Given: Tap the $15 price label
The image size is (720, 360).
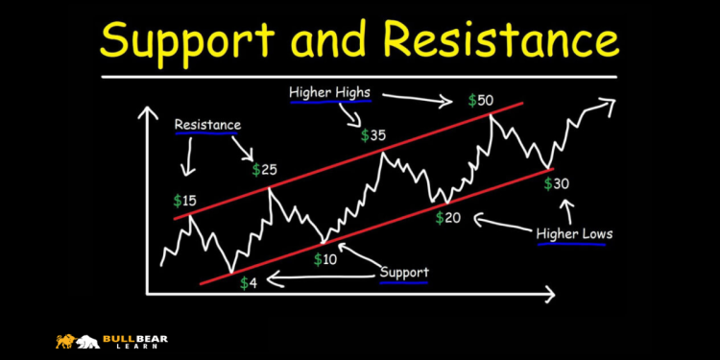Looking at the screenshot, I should tap(184, 201).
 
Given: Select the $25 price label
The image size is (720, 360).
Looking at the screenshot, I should tap(264, 170).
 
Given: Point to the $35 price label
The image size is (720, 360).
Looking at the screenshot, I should tap(373, 135).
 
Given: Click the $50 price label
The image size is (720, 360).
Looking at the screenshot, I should tap(482, 101).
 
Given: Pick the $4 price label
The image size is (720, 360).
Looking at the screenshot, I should tap(248, 283).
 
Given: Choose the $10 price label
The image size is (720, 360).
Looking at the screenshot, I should tap(326, 259).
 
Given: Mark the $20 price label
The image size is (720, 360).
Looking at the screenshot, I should tap(447, 218).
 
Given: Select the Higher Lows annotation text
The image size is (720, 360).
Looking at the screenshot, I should tap(573, 233).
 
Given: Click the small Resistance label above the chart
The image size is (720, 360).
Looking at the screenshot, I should tap(207, 125).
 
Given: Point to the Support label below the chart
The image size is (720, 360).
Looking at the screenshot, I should tap(403, 272).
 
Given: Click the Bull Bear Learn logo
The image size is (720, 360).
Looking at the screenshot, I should tap(91, 341).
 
